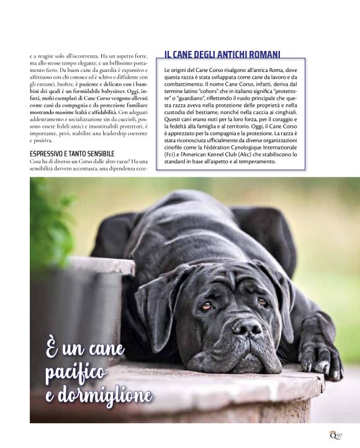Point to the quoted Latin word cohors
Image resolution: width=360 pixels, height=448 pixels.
pos(215,92)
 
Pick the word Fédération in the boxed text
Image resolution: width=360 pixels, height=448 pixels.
pos(238,148)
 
